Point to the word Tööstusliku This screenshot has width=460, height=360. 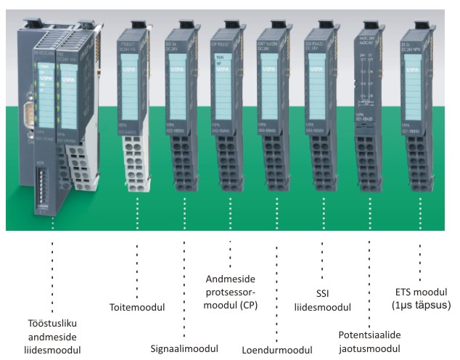click(x=53, y=323)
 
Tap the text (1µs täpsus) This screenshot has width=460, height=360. click(x=420, y=306)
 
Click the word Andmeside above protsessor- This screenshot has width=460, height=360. click(x=229, y=279)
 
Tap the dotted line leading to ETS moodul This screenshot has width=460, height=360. click(x=420, y=254)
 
